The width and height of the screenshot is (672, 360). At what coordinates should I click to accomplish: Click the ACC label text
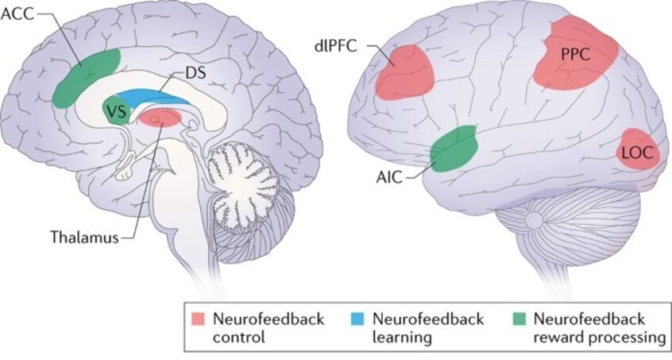17,14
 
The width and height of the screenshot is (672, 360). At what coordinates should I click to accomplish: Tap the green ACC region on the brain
85,77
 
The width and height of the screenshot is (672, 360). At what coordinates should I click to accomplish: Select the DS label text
195,73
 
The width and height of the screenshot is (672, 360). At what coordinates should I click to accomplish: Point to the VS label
117,112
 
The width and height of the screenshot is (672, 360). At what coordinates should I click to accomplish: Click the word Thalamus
84,237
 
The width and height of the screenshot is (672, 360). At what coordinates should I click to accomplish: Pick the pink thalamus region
160,118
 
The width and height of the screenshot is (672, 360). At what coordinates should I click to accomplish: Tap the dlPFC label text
335,45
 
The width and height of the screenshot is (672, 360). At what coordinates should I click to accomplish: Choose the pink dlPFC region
404,72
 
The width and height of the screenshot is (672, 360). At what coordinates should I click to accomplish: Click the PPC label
575,54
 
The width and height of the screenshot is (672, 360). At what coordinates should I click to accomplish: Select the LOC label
637,152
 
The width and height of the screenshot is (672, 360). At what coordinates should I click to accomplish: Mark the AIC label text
389,176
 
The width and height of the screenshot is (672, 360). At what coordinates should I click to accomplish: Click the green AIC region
454,149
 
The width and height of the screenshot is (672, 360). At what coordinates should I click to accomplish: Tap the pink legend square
199,319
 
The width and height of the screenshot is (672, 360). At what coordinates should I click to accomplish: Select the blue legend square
357,319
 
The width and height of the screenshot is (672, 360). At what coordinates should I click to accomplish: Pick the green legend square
519,319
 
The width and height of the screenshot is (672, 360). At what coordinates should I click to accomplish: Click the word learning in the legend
402,338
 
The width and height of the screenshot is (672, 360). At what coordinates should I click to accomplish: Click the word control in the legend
239,337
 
